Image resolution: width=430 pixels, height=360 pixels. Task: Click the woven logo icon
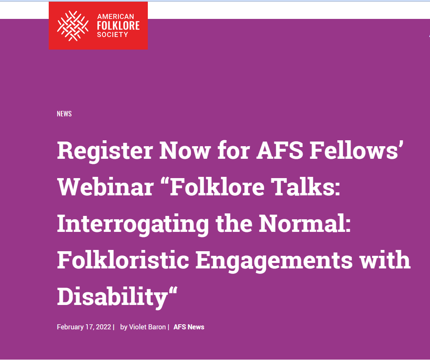(73, 26)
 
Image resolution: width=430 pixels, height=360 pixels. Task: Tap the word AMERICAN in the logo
(115, 16)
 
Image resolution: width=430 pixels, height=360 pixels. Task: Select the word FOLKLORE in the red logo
(118, 26)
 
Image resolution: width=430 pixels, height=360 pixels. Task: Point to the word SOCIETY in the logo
(113, 34)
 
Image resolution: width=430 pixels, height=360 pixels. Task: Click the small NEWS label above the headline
(64, 113)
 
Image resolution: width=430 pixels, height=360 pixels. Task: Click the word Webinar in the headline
(105, 187)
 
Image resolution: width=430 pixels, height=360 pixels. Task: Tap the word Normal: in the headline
(305, 223)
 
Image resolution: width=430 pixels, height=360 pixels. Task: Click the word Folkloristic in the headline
(123, 260)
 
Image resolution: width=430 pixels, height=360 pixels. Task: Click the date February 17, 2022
(84, 327)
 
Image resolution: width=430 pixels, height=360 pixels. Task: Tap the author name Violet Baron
(147, 327)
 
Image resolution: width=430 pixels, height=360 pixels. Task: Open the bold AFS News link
(189, 327)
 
